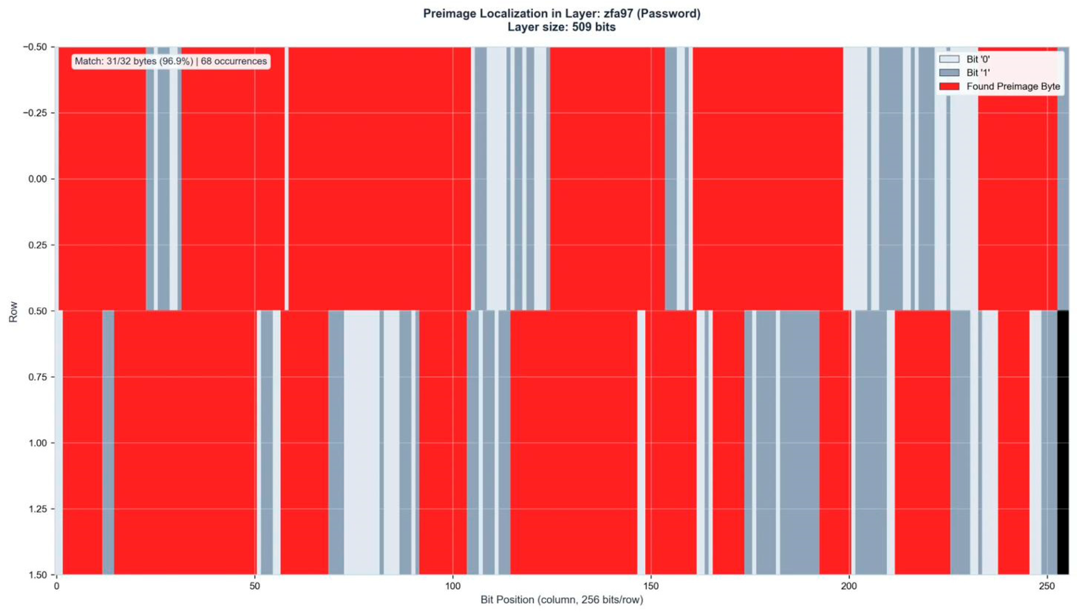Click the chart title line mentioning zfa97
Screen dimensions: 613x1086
pyautogui.click(x=562, y=13)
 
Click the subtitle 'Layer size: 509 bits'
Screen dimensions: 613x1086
pyautogui.click(x=562, y=27)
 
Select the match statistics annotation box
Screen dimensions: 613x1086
pyautogui.click(x=171, y=61)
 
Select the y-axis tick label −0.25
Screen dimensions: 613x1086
pyautogui.click(x=38, y=113)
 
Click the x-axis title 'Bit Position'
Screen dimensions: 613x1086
pyautogui.click(x=562, y=600)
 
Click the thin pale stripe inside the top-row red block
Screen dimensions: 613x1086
pyautogui.click(x=287, y=179)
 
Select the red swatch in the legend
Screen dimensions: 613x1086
pyautogui.click(x=949, y=86)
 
